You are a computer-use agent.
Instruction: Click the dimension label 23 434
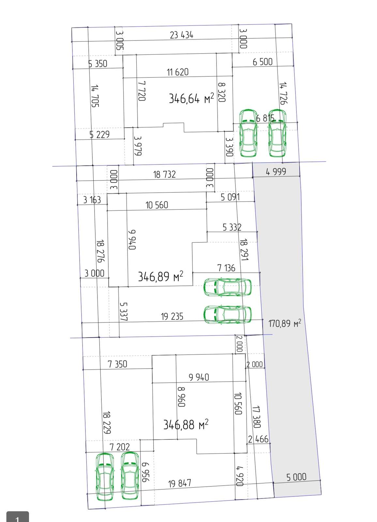(182, 35)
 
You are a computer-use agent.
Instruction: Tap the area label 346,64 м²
(191, 98)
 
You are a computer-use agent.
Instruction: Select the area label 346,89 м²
(160, 276)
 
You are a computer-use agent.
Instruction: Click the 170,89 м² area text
(285, 323)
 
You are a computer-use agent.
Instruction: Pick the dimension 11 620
(177, 72)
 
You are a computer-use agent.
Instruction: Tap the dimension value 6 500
(263, 62)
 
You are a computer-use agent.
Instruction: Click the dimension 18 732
(164, 174)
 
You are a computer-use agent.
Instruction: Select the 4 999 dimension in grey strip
(276, 172)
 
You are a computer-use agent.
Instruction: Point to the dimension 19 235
(172, 316)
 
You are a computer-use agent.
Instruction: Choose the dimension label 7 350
(117, 364)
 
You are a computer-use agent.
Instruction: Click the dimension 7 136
(226, 268)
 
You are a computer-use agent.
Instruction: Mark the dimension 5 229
(99, 134)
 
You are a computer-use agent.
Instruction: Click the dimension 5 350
(98, 64)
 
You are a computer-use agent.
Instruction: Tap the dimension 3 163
(92, 200)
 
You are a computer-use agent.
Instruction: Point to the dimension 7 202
(120, 447)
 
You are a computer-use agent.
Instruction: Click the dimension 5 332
(232, 227)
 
